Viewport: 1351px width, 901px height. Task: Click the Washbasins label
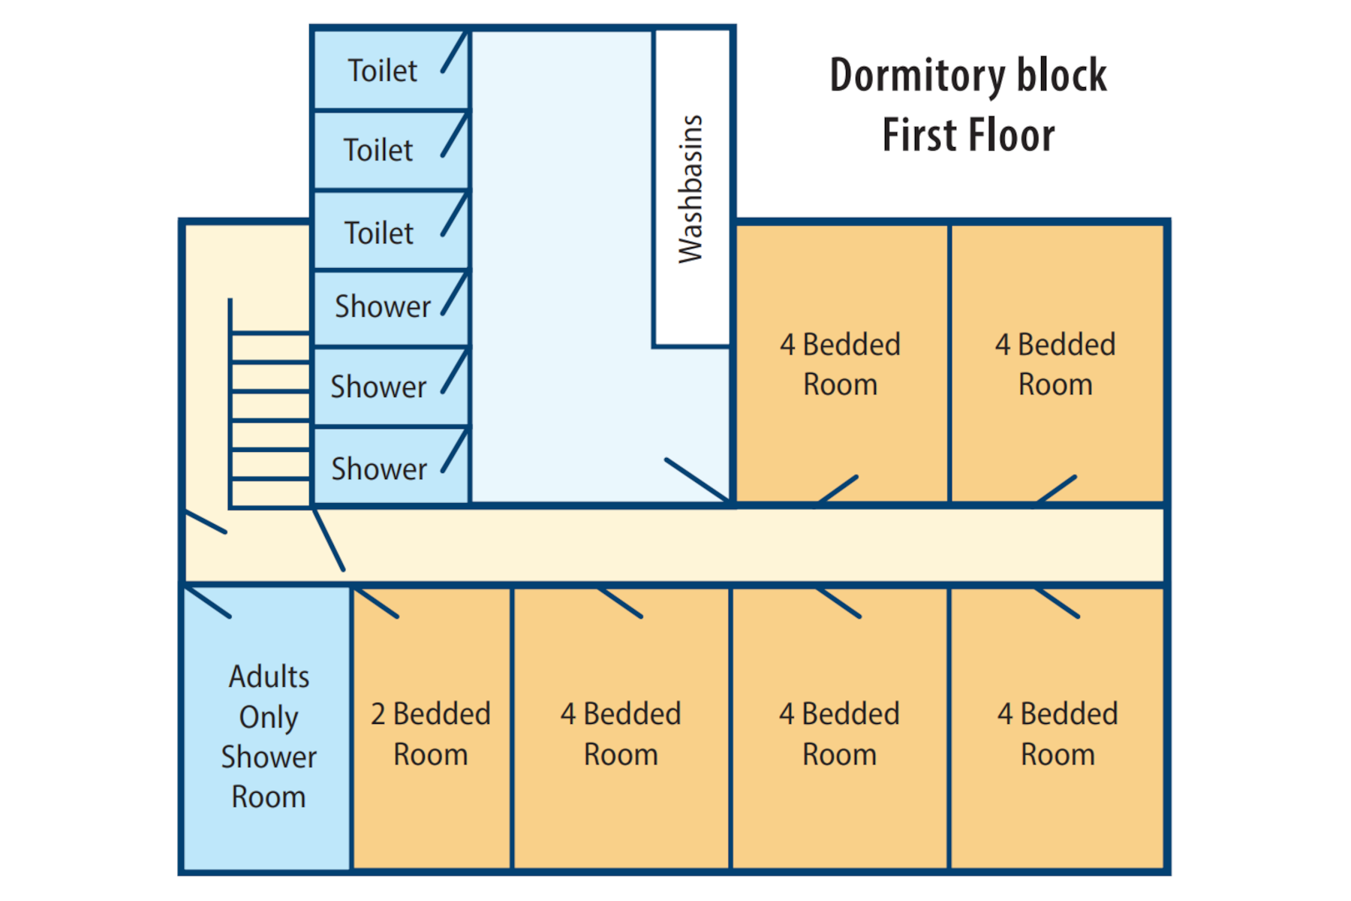pos(691,189)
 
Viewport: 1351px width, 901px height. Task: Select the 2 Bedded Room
pos(432,728)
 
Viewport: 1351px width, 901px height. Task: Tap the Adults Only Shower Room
pos(267,728)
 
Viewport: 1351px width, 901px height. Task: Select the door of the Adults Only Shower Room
pos(207,602)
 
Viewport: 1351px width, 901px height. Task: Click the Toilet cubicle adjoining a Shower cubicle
pos(391,229)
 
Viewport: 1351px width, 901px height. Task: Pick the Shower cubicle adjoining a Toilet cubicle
pos(391,308)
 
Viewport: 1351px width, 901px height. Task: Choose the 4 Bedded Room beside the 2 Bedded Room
pos(621,728)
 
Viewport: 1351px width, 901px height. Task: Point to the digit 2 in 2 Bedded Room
pos(378,714)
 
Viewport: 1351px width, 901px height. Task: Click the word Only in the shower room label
pos(269,718)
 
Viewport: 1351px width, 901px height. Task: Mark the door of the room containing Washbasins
pos(697,480)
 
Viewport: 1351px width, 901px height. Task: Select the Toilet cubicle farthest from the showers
pos(391,69)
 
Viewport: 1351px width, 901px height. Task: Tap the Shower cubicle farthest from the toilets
pos(391,466)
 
